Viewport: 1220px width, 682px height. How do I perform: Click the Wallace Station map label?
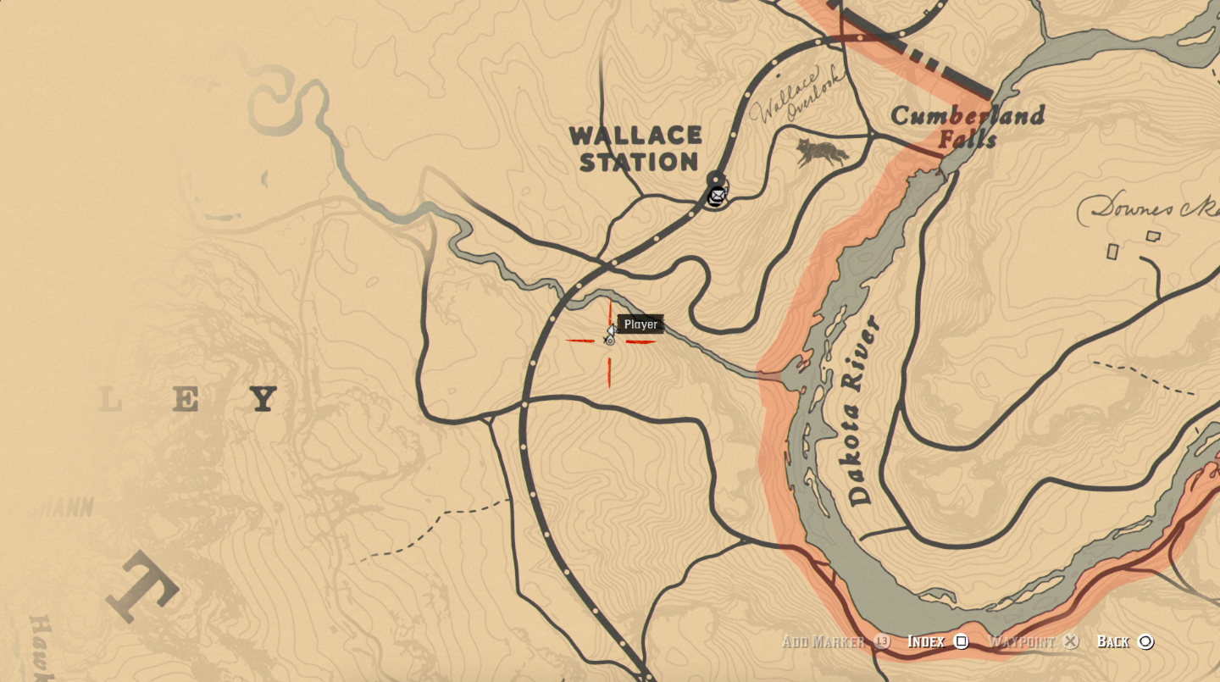click(x=635, y=148)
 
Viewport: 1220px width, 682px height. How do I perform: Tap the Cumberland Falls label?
click(x=967, y=126)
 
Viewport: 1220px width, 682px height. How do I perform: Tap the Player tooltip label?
click(x=640, y=324)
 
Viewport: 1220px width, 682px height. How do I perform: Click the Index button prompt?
click(x=925, y=641)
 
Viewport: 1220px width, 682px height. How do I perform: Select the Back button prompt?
click(x=1113, y=641)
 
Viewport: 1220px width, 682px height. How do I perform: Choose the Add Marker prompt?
click(x=823, y=641)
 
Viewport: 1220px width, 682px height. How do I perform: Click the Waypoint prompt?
click(x=1021, y=641)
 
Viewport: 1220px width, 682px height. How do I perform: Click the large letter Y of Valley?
click(x=263, y=398)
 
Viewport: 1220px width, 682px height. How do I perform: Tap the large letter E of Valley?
click(x=185, y=400)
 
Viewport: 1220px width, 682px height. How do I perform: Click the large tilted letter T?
click(x=142, y=586)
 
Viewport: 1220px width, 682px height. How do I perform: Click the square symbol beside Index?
click(x=962, y=641)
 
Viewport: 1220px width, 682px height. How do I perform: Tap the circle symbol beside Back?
click(x=1145, y=641)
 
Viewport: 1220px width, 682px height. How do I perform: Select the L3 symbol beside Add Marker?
click(x=882, y=641)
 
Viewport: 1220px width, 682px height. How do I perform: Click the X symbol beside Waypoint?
click(x=1071, y=641)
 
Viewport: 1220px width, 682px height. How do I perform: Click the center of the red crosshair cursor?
click(x=609, y=341)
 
